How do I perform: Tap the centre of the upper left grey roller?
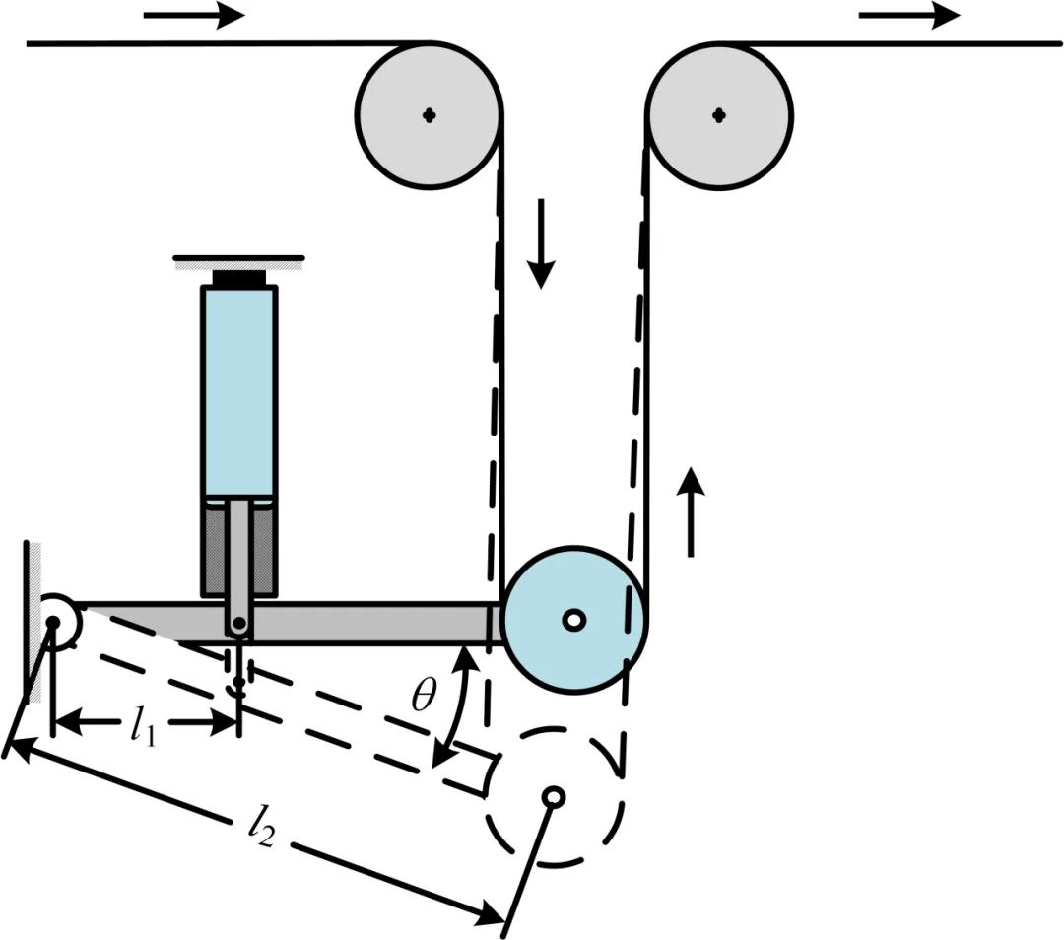coord(429,115)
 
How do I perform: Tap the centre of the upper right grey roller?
coord(719,115)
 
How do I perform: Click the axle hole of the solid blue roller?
coord(573,620)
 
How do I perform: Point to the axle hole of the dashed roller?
coord(554,795)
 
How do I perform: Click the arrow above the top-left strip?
coord(193,16)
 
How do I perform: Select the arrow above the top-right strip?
coord(908,16)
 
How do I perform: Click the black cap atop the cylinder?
coord(238,277)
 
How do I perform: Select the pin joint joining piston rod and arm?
coord(238,624)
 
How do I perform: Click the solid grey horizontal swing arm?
coord(374,623)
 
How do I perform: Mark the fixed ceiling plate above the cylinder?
coord(238,261)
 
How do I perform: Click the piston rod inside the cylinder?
coord(238,552)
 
